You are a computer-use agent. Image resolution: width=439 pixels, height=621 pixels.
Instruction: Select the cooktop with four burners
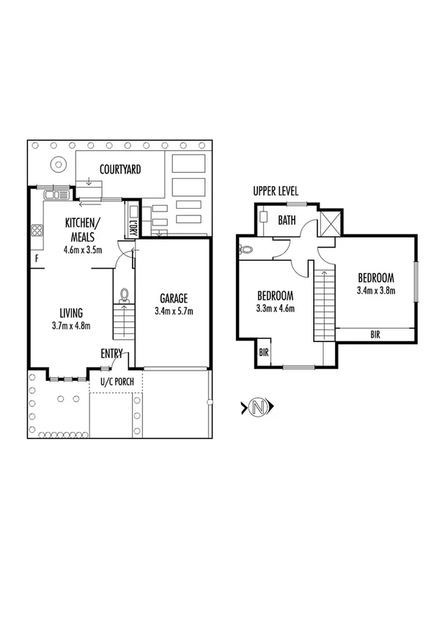coord(36,231)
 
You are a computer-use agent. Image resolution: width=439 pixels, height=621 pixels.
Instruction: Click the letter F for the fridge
coord(36,259)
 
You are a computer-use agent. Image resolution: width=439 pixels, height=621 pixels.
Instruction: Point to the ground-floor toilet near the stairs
coord(125,294)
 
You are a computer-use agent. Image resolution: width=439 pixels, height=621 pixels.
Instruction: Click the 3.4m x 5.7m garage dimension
coord(174,311)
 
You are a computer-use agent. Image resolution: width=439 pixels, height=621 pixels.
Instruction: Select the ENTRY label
coord(111,354)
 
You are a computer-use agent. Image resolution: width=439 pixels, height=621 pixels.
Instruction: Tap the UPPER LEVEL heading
coord(276,191)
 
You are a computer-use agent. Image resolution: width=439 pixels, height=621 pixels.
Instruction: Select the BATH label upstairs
coord(287,219)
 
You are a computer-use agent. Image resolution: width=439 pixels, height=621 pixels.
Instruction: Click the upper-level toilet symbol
coord(246,249)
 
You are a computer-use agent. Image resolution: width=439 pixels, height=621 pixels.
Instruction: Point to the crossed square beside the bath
coord(330,222)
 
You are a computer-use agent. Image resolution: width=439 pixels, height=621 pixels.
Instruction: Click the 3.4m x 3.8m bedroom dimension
coord(376,290)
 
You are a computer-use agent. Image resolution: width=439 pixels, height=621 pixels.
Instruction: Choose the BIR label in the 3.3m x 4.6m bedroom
coord(264,352)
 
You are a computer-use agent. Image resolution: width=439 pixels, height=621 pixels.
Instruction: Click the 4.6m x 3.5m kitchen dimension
coord(82,250)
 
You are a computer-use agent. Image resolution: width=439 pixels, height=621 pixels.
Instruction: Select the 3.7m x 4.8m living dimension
coord(71,326)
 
